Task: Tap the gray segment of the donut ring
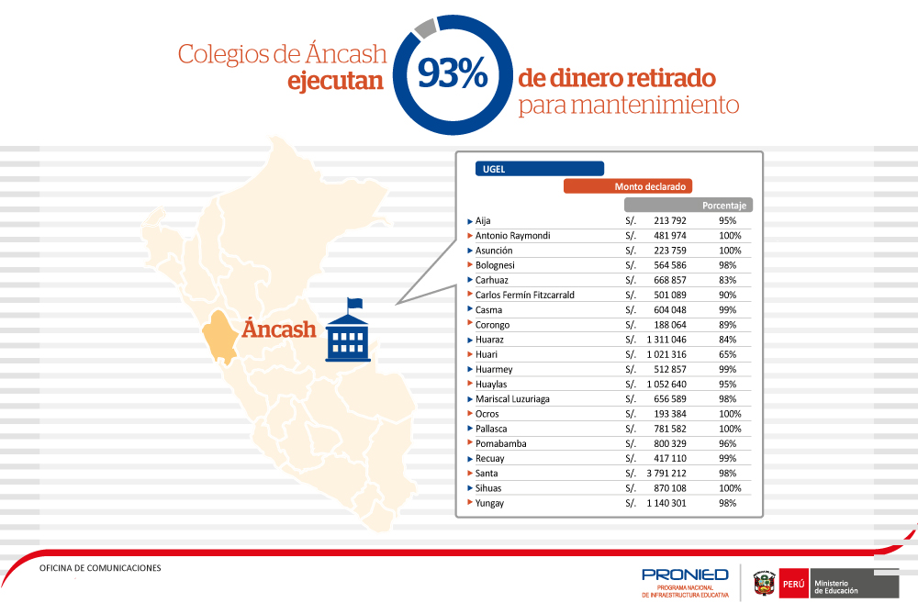click(424, 28)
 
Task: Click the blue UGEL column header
click(539, 169)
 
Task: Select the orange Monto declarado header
click(626, 186)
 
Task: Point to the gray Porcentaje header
click(688, 206)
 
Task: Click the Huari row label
click(487, 354)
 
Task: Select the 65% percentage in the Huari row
click(729, 354)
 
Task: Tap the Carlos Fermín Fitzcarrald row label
click(524, 295)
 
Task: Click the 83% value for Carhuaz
click(729, 280)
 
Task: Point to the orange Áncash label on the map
click(279, 329)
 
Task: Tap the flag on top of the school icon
click(354, 303)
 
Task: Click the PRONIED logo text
click(685, 575)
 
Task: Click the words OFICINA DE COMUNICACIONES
click(100, 568)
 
